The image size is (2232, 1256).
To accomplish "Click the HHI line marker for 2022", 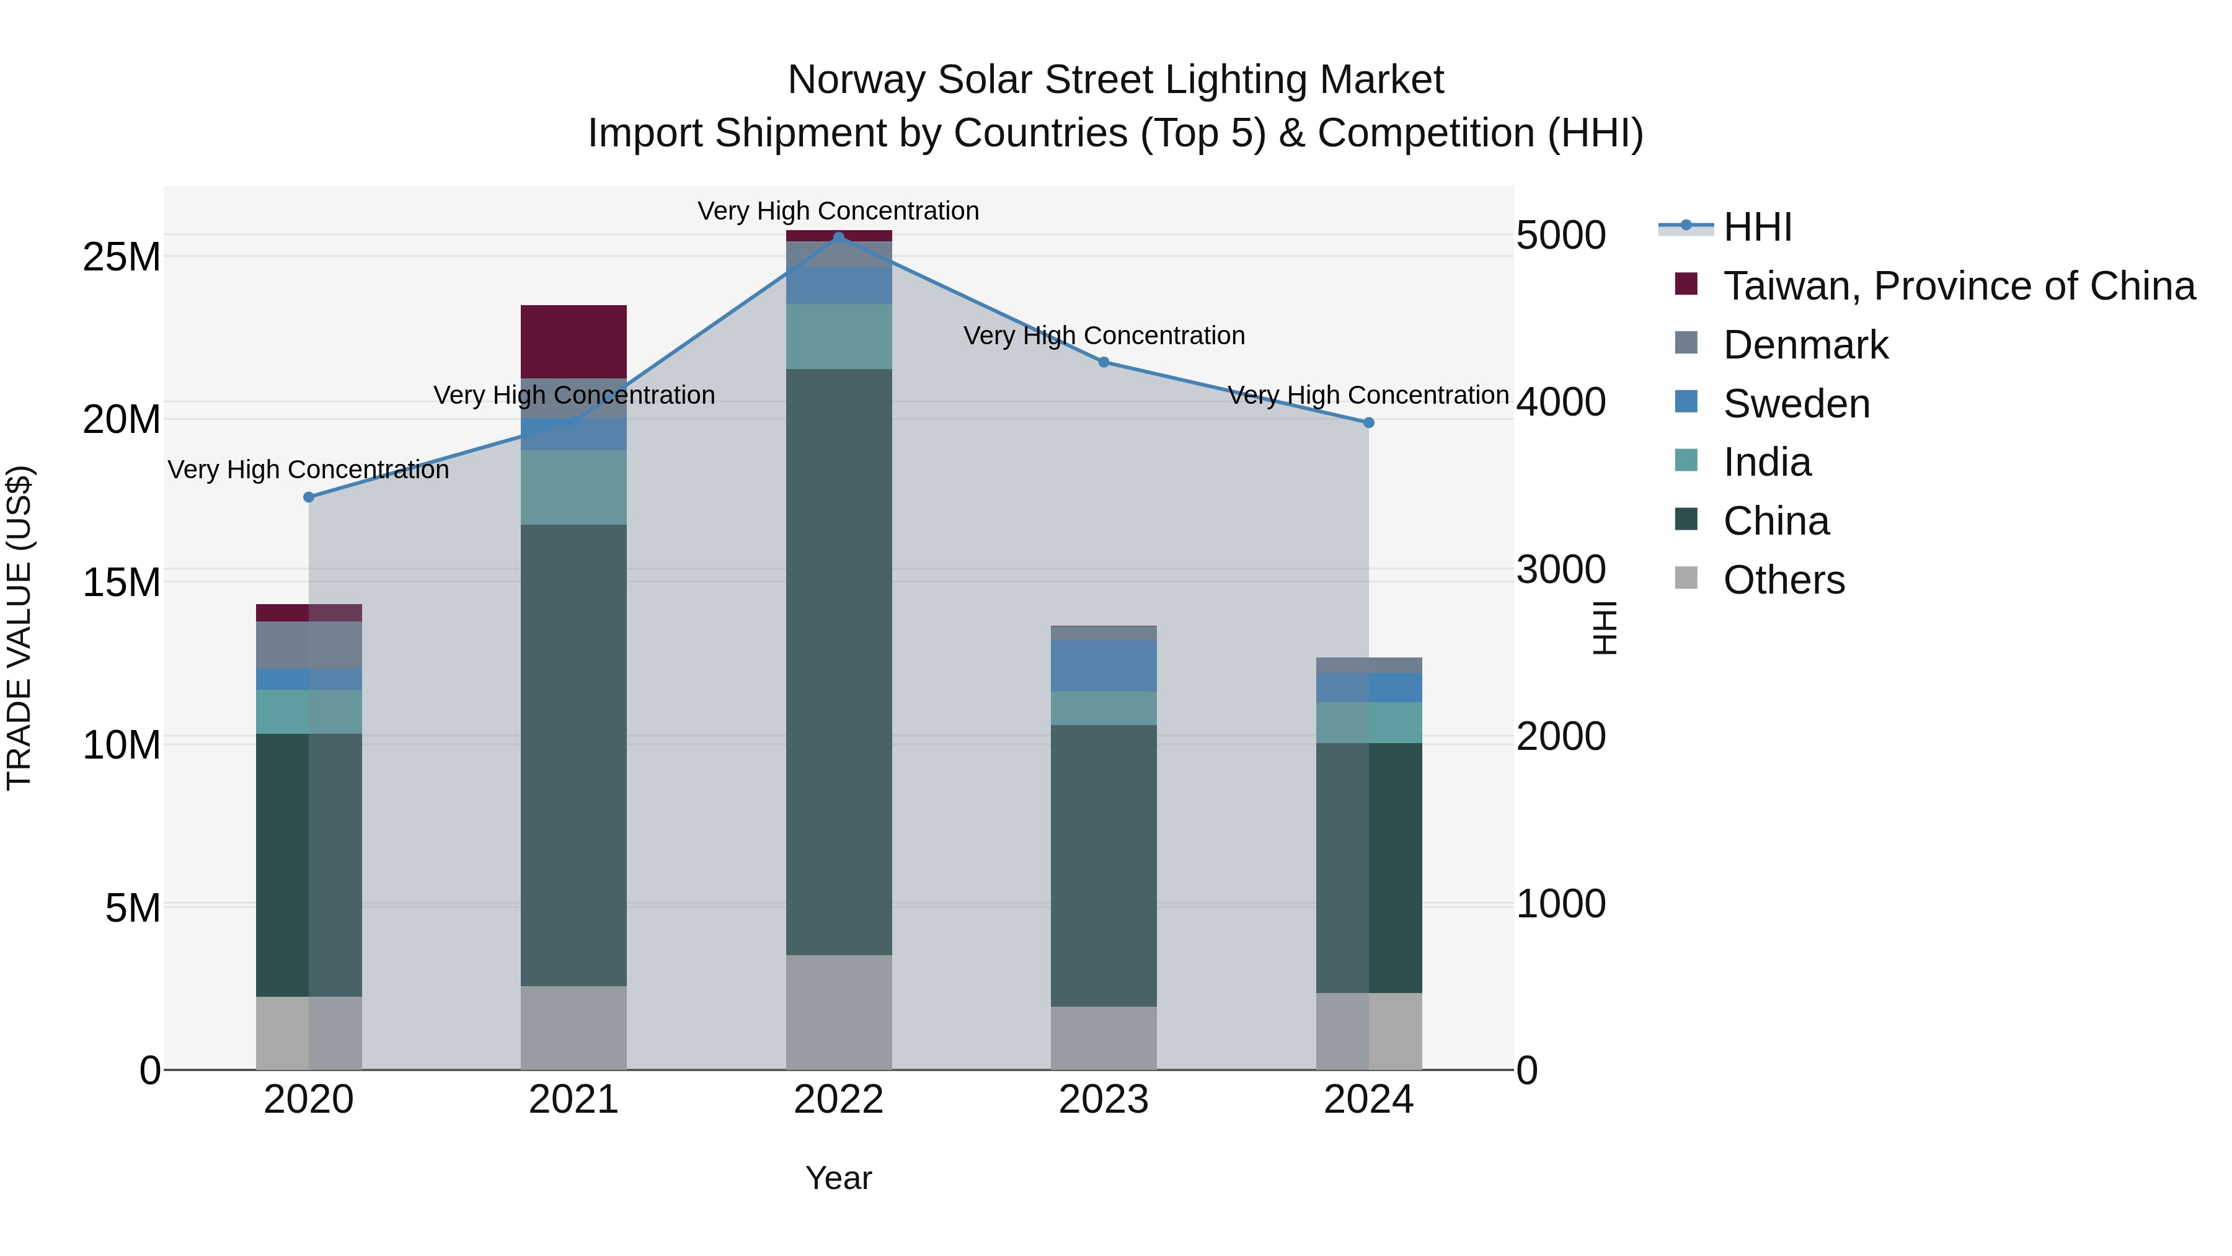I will [x=838, y=237].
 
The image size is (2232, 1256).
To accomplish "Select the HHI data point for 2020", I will [x=309, y=497].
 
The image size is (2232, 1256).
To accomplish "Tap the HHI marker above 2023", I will [x=1103, y=362].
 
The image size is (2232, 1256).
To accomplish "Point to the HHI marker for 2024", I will [x=1368, y=422].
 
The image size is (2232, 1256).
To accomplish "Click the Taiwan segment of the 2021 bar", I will [x=573, y=342].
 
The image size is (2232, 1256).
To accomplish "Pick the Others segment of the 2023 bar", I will [x=1103, y=1038].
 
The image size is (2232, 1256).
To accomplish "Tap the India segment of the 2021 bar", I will [x=573, y=487].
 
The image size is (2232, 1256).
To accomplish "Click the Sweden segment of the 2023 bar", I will [x=1103, y=666].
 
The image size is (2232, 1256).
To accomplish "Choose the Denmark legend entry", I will [x=1805, y=345].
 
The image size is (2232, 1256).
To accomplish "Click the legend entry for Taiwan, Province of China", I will [x=1958, y=286].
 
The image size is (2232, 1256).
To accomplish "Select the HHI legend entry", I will [x=1756, y=227].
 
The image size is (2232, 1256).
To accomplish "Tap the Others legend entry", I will [x=1783, y=580].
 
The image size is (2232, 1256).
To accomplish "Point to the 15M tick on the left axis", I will [x=122, y=582].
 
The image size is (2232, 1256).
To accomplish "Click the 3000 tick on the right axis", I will [x=1561, y=569].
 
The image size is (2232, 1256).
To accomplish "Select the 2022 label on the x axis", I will [x=838, y=1100].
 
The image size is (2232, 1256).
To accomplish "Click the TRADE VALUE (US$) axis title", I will [x=19, y=628].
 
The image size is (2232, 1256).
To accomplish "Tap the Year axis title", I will [x=838, y=1178].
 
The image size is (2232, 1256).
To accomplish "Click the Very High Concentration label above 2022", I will [x=838, y=211].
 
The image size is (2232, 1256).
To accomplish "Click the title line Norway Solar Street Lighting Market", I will [x=1115, y=80].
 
